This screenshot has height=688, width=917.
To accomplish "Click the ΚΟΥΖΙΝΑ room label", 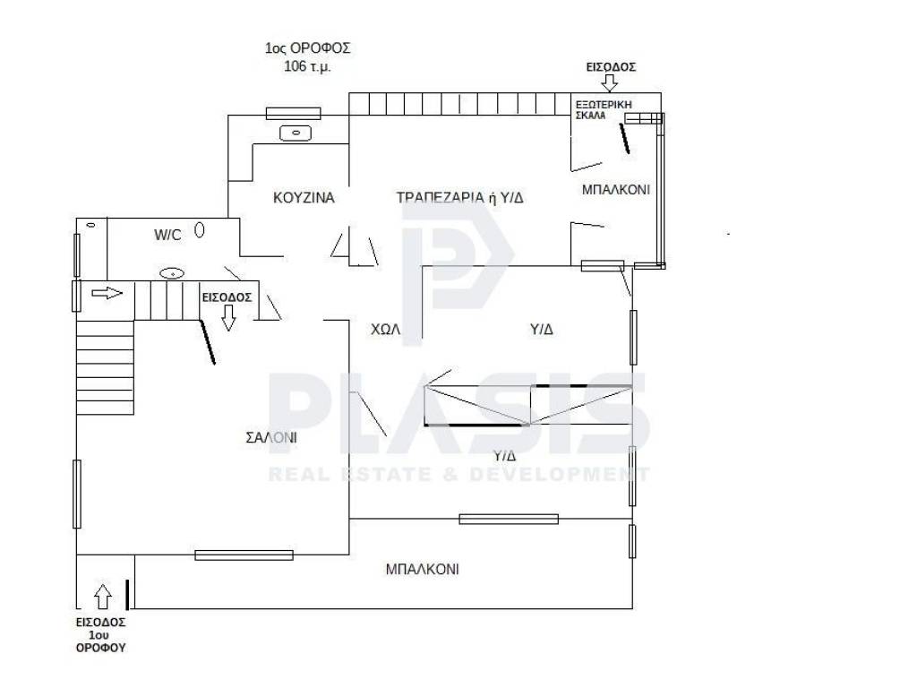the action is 304,198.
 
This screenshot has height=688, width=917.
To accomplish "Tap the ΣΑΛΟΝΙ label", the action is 271,437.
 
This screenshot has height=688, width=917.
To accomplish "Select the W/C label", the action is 167,236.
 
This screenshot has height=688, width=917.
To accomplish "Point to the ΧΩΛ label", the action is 385,330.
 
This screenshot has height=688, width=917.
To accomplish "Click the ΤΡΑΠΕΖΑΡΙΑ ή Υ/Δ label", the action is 459,198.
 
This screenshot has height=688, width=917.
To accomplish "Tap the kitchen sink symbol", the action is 296,133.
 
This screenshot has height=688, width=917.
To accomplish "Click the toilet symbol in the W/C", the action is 200,230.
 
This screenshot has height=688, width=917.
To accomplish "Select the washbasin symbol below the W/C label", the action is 173,273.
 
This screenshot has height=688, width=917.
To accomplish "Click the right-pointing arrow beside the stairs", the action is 107,293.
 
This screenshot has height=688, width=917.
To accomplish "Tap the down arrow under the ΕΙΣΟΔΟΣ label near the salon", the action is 228,318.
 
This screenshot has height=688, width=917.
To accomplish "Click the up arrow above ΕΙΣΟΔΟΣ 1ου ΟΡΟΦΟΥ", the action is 103,597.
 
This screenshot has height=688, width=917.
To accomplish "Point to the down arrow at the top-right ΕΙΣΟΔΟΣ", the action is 609,83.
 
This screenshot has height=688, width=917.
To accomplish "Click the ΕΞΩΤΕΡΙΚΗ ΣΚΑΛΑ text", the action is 604,110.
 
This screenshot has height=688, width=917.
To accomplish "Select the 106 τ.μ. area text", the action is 308,66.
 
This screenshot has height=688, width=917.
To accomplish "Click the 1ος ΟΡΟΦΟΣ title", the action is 308,48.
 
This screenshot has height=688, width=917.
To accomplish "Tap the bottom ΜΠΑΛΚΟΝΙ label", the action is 423,569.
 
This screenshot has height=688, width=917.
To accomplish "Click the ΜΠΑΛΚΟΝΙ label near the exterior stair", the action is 616,190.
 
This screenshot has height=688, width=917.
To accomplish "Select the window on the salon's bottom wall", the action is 244,555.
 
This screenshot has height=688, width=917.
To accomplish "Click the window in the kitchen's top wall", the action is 294,114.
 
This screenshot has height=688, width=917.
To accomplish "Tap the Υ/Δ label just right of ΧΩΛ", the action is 542,330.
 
